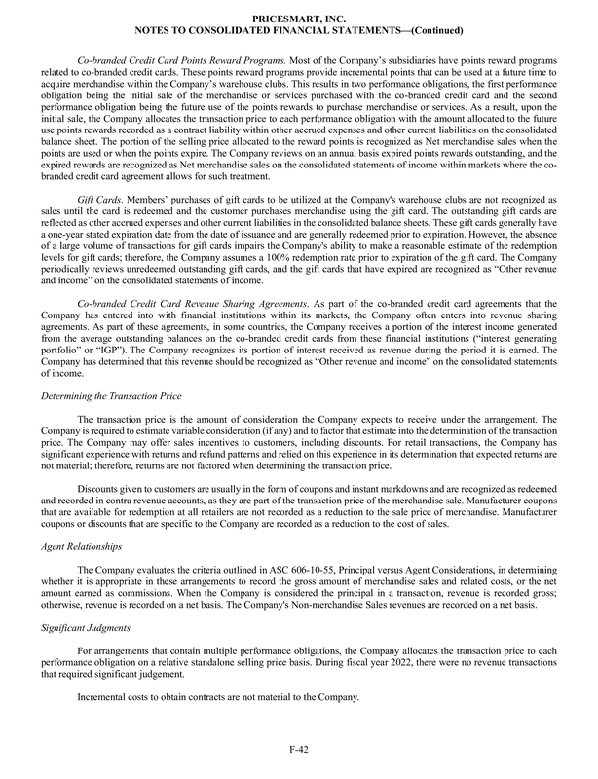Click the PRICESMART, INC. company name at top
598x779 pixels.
(298, 18)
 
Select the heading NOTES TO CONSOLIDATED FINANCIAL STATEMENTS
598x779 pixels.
(298, 30)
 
